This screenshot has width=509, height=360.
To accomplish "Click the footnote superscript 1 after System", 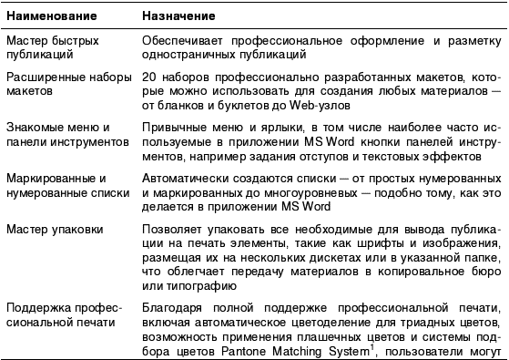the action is click(x=369, y=340).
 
